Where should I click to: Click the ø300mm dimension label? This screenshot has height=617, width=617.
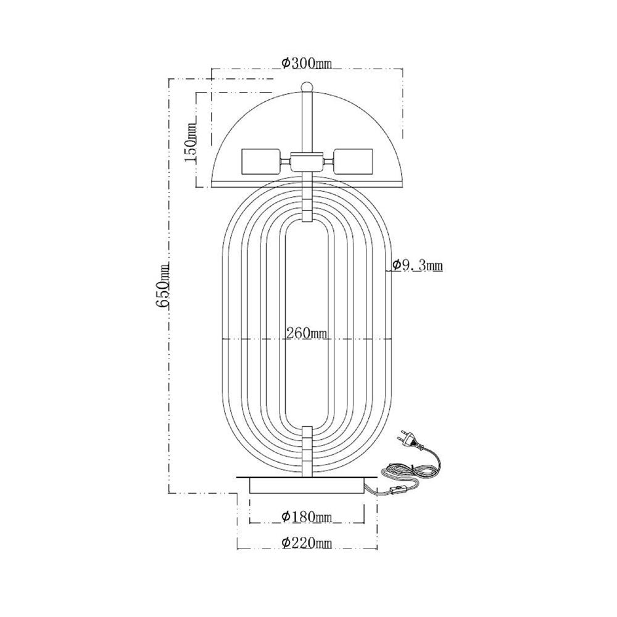click(307, 63)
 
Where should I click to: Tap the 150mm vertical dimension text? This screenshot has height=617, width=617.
click(189, 139)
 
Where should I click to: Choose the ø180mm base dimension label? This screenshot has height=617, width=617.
click(307, 516)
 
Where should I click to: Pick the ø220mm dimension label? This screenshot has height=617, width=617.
click(307, 543)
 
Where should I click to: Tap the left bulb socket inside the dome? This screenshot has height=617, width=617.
click(260, 161)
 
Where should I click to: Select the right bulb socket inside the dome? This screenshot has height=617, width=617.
click(353, 161)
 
